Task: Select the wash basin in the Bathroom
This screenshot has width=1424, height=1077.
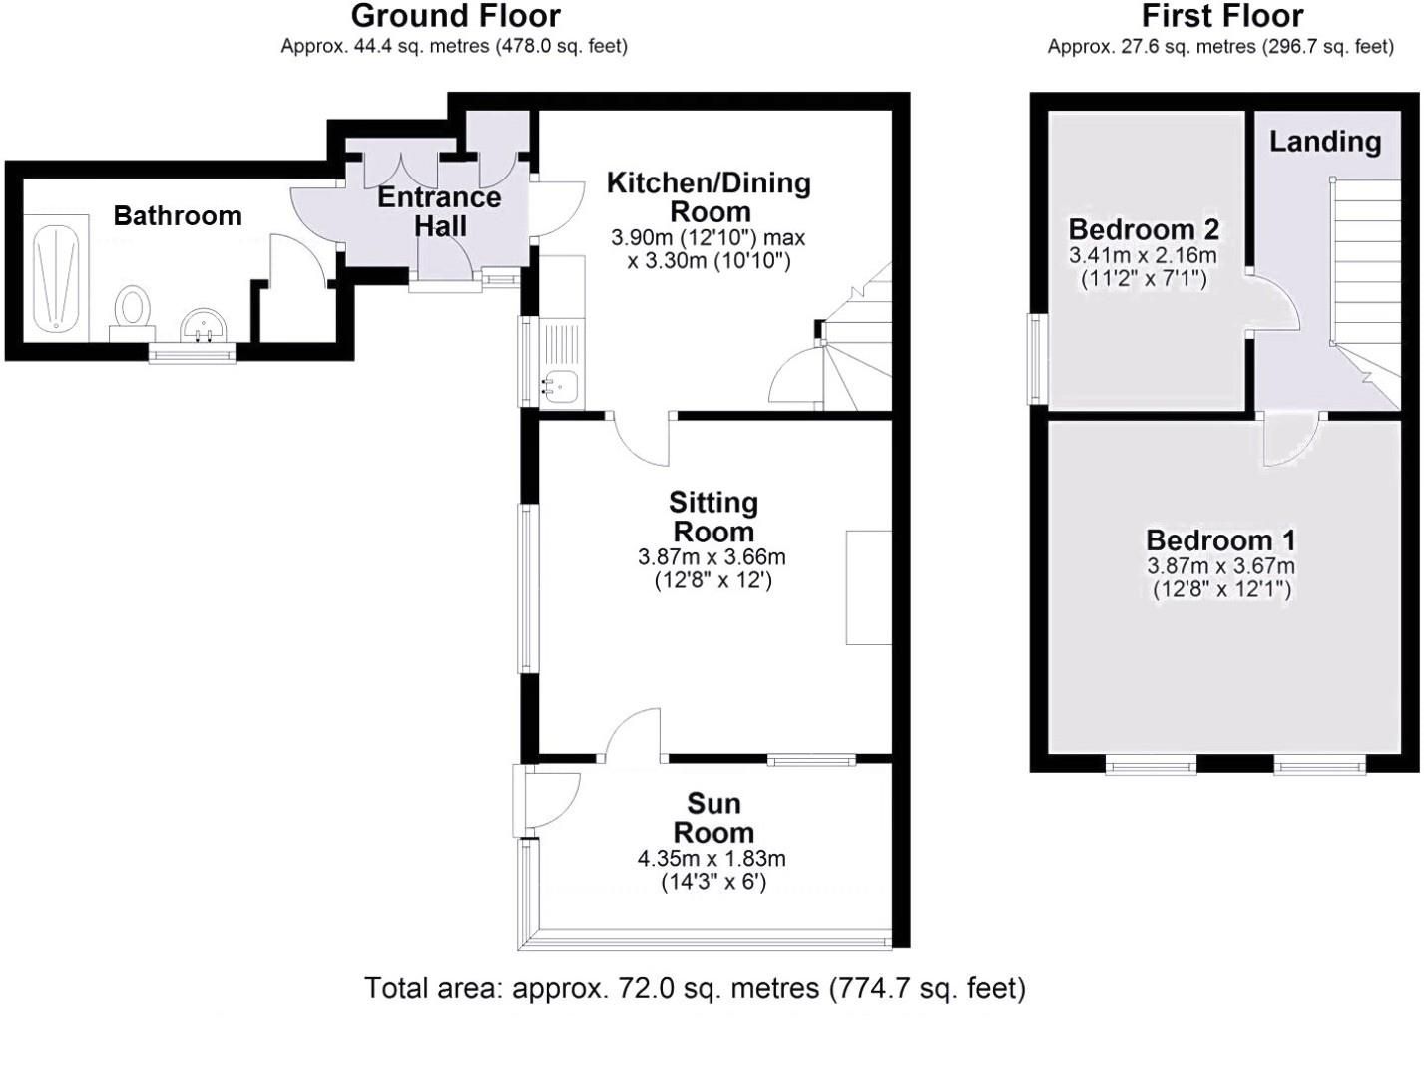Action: tap(205, 325)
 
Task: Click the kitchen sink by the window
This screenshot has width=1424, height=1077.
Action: tap(563, 384)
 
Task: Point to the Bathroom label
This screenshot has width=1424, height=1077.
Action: tap(178, 215)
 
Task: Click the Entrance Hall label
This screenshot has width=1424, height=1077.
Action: tap(439, 211)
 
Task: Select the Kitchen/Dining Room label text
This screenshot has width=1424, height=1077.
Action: tap(710, 196)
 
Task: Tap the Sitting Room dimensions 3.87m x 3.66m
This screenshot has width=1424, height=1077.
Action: tap(712, 556)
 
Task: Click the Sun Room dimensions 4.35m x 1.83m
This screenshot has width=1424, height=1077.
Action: tap(712, 858)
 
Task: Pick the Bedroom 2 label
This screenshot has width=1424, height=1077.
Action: tap(1144, 229)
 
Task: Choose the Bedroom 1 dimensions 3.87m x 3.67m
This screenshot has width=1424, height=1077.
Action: tap(1220, 566)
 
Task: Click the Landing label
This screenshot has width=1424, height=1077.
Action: tap(1324, 142)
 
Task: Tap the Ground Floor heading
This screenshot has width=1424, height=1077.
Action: tap(455, 16)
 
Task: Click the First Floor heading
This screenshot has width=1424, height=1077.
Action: tap(1221, 16)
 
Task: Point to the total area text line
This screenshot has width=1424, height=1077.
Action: tap(695, 988)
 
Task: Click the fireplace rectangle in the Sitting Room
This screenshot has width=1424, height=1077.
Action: tap(868, 587)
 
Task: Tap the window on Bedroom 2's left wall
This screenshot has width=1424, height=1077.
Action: tap(1038, 359)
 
